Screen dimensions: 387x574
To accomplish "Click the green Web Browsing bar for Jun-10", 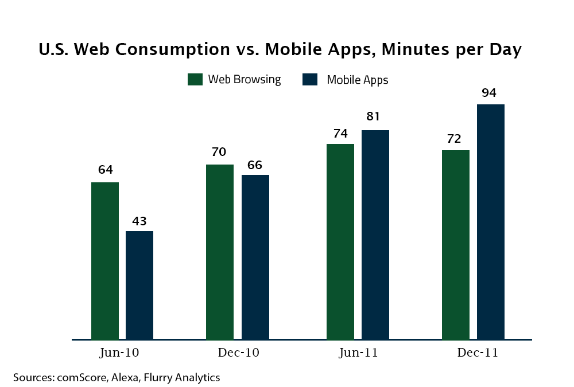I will [105, 260].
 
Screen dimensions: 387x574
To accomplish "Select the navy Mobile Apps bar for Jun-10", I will [139, 285].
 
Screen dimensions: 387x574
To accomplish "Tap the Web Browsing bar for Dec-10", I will [220, 252].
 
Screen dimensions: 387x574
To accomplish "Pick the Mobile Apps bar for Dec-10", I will [255, 257].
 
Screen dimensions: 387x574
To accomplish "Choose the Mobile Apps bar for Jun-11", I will [375, 234].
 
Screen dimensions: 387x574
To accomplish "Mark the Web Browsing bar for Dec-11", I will [456, 245].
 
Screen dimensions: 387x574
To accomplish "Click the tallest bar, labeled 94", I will [491, 222].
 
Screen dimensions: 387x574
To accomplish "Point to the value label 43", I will [139, 221].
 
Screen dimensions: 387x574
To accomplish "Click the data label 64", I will [105, 170].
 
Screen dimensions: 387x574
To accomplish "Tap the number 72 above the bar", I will [454, 139].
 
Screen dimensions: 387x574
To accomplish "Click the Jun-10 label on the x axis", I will [119, 353].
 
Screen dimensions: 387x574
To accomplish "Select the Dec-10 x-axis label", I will [238, 353].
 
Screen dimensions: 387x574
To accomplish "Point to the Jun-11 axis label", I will [358, 353].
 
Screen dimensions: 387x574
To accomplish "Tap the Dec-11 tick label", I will [477, 353].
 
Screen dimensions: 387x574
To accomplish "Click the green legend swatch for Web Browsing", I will [195, 79].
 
